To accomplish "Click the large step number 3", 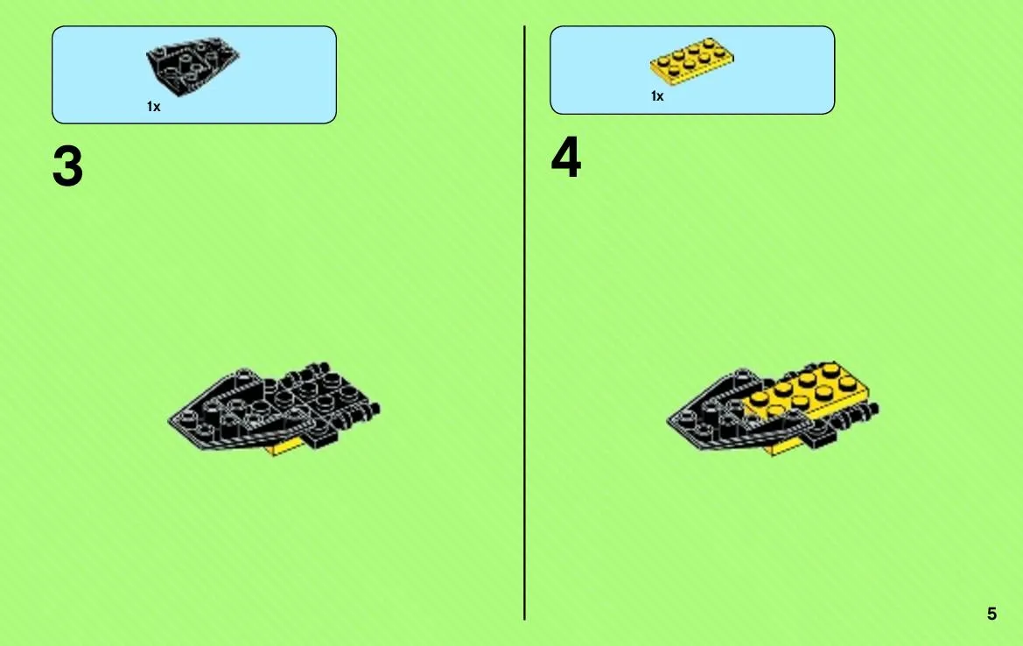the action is coord(68,166).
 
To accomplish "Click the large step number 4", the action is coord(565,158).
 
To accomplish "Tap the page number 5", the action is coord(991,614).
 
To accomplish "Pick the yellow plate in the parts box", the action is coord(691,61).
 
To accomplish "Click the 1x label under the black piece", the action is coord(153,107).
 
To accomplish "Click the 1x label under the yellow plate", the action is coord(657,96).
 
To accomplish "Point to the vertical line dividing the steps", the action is coord(524,323).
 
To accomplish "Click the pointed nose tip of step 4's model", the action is coord(668,421).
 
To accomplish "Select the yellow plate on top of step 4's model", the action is coord(807,391).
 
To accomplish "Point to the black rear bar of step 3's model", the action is coord(367,411).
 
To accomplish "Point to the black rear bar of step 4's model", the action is coord(865,411).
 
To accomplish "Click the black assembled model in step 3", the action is coord(274,408).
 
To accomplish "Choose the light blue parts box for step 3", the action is coord(194,74).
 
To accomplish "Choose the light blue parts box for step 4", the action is coord(692,70).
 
